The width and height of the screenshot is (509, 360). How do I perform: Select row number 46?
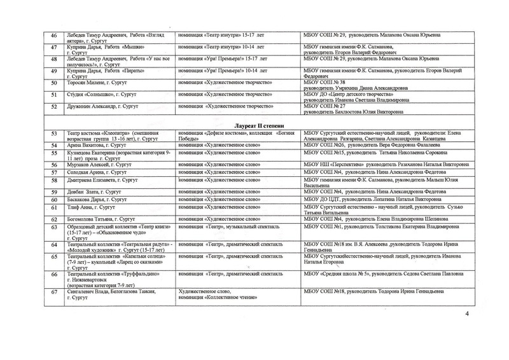[x=54, y=37]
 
